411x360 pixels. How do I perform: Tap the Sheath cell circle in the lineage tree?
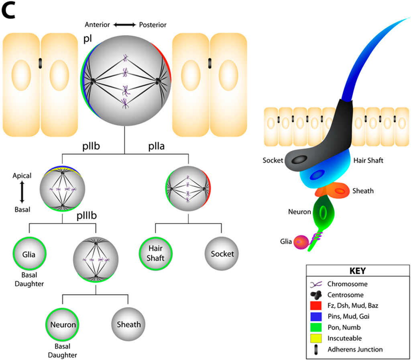[128, 324]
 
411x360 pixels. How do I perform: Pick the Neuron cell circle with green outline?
[63, 324]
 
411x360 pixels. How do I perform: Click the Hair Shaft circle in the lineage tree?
[156, 253]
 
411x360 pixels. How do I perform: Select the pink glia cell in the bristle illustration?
[301, 242]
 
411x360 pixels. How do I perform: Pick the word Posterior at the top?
[153, 25]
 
